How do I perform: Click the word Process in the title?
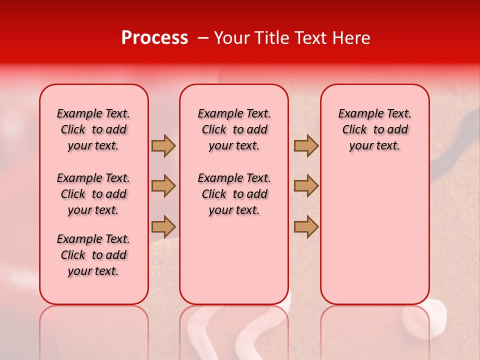(154, 38)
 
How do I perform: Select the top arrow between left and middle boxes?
(163, 145)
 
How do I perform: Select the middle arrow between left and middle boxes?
(163, 186)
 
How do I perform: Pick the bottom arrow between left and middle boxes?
(163, 226)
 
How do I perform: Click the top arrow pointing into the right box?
(306, 145)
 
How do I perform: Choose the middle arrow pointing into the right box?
(306, 186)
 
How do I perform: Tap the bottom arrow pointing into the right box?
(306, 226)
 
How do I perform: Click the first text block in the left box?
(93, 129)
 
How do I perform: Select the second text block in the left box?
(93, 194)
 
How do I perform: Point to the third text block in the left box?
(93, 255)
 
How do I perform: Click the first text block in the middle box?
(234, 129)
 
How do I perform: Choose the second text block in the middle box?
(234, 194)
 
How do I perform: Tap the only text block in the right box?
(374, 129)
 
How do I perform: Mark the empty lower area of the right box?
(374, 235)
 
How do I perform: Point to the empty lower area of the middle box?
(234, 260)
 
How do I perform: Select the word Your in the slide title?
(230, 38)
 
